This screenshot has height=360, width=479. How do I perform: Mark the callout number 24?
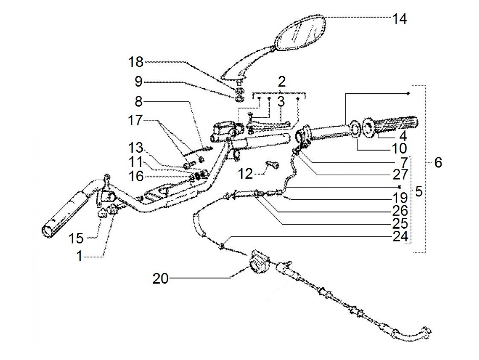400,236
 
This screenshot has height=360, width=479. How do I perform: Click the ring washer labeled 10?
354,130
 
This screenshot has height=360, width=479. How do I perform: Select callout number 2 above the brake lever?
282,82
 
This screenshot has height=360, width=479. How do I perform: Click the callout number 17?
135,121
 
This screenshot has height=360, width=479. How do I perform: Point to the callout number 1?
79,256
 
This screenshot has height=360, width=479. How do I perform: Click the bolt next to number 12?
273,165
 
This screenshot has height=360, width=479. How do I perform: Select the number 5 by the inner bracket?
418,191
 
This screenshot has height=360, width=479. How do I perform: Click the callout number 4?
403,136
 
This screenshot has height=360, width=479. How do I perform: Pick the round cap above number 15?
103,214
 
